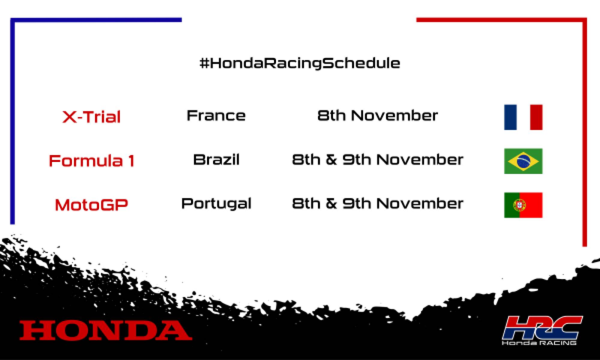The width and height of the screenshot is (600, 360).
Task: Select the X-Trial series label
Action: coord(91,117)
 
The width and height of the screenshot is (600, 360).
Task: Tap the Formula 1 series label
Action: coord(91,160)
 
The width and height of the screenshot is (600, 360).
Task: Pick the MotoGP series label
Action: coord(91,205)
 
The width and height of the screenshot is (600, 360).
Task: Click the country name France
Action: coord(216,115)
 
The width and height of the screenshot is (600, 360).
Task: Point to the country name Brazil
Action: coord(216,159)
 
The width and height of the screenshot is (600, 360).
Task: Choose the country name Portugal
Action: coord(216,204)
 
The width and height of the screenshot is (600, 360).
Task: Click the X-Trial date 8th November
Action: coord(378,115)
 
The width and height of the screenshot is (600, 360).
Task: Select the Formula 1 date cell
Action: coord(378,159)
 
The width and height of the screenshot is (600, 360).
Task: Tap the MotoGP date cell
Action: coord(378,204)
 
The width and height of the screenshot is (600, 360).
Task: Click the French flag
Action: coord(523,117)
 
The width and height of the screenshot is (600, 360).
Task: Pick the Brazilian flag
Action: coord(523,161)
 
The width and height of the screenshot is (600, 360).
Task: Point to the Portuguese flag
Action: coord(523,205)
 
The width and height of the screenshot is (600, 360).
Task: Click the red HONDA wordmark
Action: coord(106,330)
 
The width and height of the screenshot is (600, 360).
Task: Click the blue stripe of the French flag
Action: coord(510,117)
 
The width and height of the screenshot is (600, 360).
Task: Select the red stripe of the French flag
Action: coord(536,117)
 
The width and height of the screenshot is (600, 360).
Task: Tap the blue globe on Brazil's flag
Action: coord(523,161)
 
